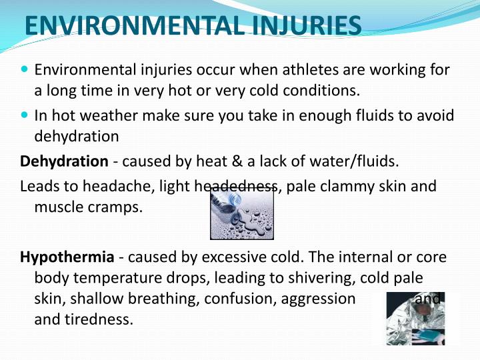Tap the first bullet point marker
click(25, 69)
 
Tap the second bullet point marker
click(25, 115)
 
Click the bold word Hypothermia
click(68, 257)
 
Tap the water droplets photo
click(241, 213)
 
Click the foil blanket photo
click(414, 318)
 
